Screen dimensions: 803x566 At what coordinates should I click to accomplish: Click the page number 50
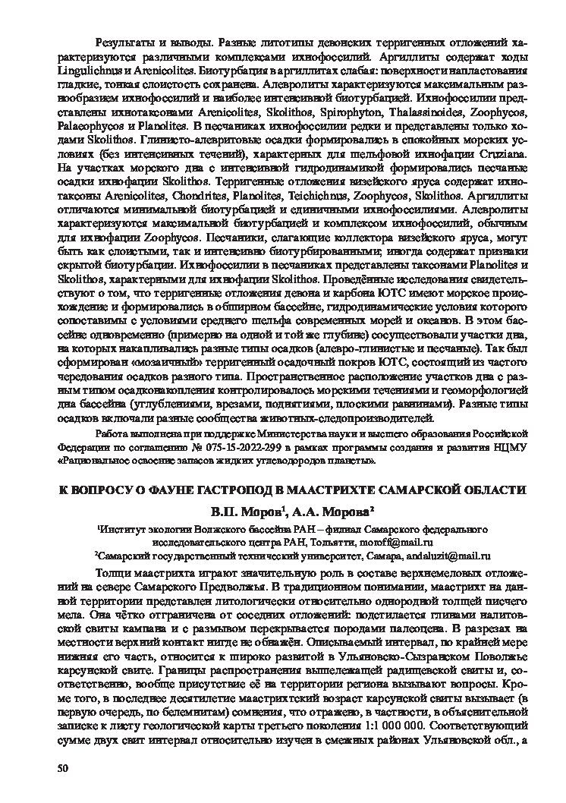63,768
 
